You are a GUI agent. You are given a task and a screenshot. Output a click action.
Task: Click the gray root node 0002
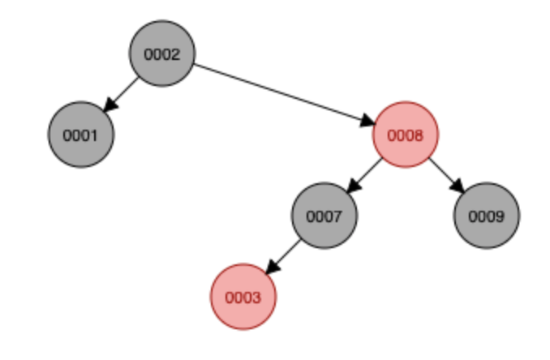click(162, 54)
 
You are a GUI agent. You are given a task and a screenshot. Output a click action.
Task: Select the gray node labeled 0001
click(81, 135)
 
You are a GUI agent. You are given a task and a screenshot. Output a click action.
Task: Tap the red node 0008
click(405, 135)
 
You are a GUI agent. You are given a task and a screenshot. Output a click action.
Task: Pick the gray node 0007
click(324, 216)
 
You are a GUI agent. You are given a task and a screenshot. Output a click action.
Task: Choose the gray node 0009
click(486, 216)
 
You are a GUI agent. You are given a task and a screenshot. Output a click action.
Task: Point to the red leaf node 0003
click(243, 297)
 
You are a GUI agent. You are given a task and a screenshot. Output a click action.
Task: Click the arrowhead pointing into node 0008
click(367, 122)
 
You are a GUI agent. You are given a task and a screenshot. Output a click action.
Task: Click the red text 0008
click(405, 135)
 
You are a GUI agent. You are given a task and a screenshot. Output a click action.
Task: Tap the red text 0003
click(243, 298)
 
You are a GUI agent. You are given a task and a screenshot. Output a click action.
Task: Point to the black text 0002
click(162, 54)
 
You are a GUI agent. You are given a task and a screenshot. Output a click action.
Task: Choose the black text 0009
click(486, 216)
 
